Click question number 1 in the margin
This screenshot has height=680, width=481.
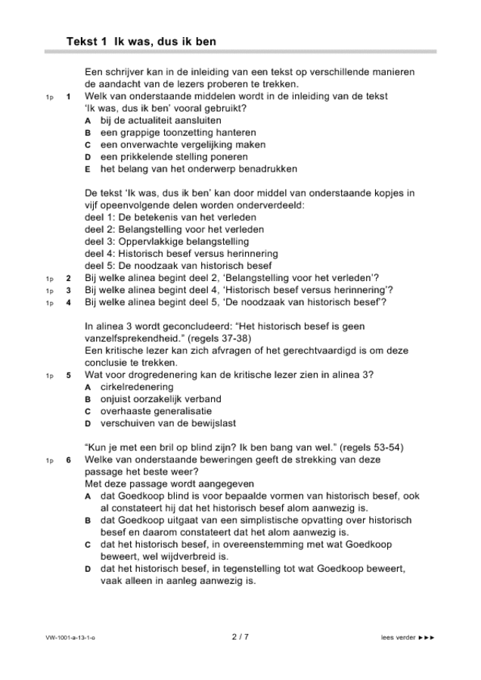(68, 97)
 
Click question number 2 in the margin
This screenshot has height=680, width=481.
(68, 278)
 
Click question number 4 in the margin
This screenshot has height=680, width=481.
(68, 303)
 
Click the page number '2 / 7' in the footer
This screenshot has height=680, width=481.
(240, 637)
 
